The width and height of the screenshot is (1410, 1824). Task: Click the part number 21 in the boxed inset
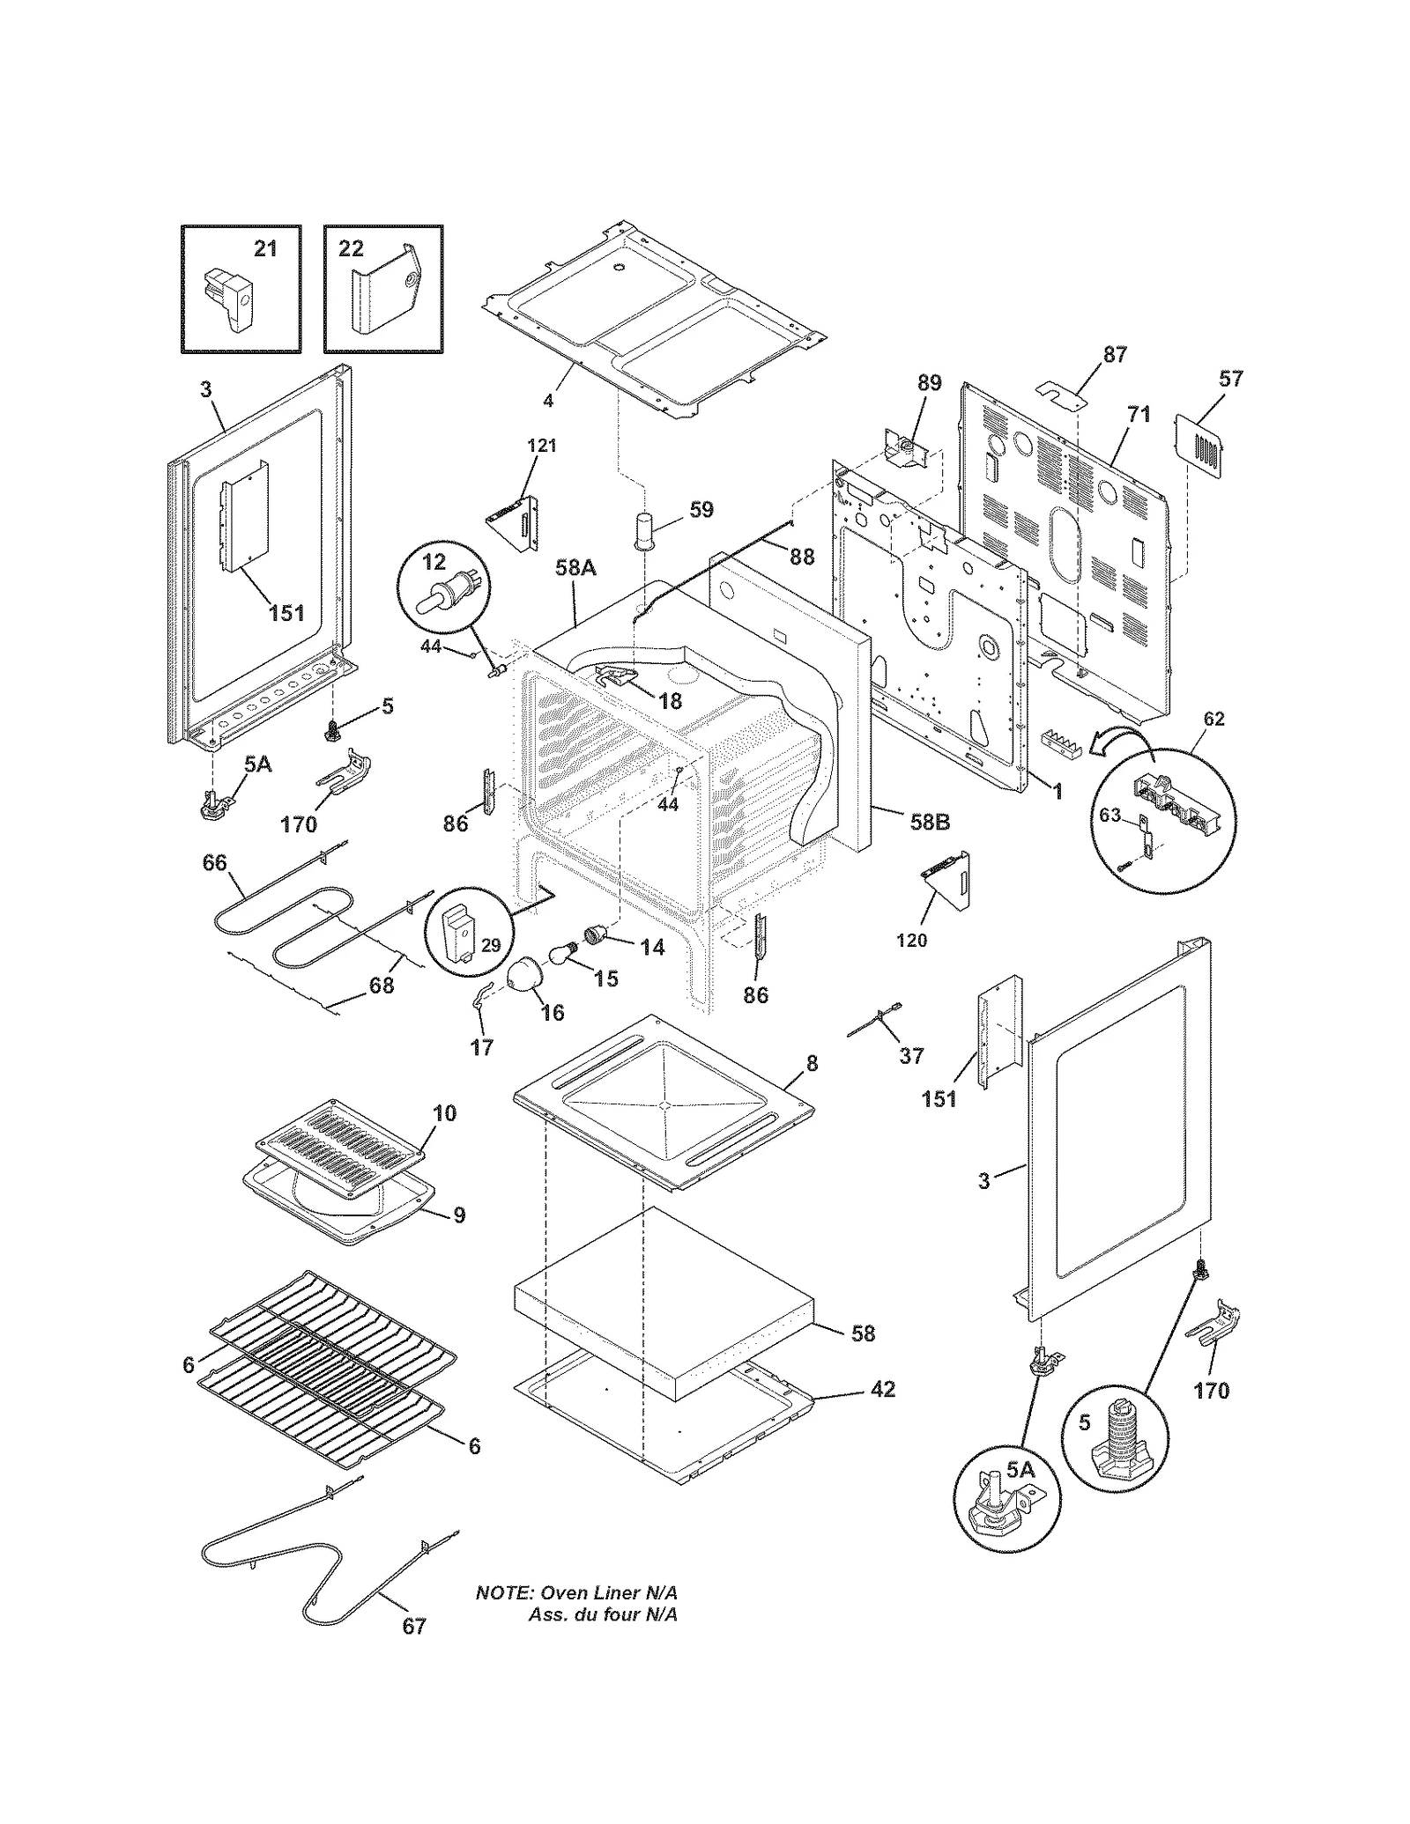[265, 249]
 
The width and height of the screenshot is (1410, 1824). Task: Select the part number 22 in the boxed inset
[351, 249]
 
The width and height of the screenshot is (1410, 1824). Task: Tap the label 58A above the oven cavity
[575, 568]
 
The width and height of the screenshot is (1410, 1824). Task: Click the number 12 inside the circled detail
[434, 561]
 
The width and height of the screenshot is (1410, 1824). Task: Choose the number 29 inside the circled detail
[491, 945]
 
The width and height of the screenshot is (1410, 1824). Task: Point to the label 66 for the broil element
[214, 863]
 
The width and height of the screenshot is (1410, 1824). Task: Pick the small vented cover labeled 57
[1200, 448]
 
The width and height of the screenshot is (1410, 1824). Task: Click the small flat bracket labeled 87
[1061, 395]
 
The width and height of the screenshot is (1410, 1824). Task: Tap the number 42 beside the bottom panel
[882, 1389]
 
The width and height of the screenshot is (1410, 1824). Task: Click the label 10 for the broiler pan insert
[445, 1113]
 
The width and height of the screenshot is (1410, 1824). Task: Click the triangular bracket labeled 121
[513, 526]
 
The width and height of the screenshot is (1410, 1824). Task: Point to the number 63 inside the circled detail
[1109, 815]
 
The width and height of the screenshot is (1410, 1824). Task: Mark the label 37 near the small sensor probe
[911, 1054]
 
